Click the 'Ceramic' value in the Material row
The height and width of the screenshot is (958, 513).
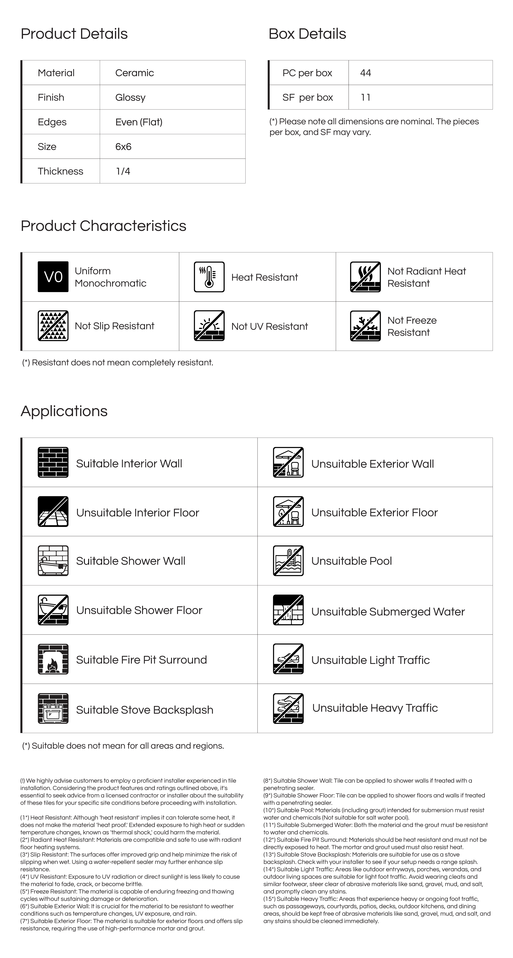(134, 73)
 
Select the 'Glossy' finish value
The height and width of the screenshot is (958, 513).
(130, 97)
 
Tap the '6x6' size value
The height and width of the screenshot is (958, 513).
(123, 146)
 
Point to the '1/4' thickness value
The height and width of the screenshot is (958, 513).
(123, 171)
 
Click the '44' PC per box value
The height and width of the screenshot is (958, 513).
(365, 73)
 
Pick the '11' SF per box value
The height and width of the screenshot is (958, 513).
(365, 97)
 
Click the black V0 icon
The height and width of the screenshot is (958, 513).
(53, 277)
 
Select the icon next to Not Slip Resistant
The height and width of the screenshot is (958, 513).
(53, 326)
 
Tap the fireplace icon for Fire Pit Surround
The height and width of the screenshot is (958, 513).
(53, 659)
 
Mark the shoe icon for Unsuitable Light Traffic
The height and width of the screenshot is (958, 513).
(288, 659)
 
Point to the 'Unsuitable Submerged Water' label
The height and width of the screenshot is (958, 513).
(388, 612)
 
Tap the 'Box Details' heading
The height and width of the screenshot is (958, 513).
(307, 34)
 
